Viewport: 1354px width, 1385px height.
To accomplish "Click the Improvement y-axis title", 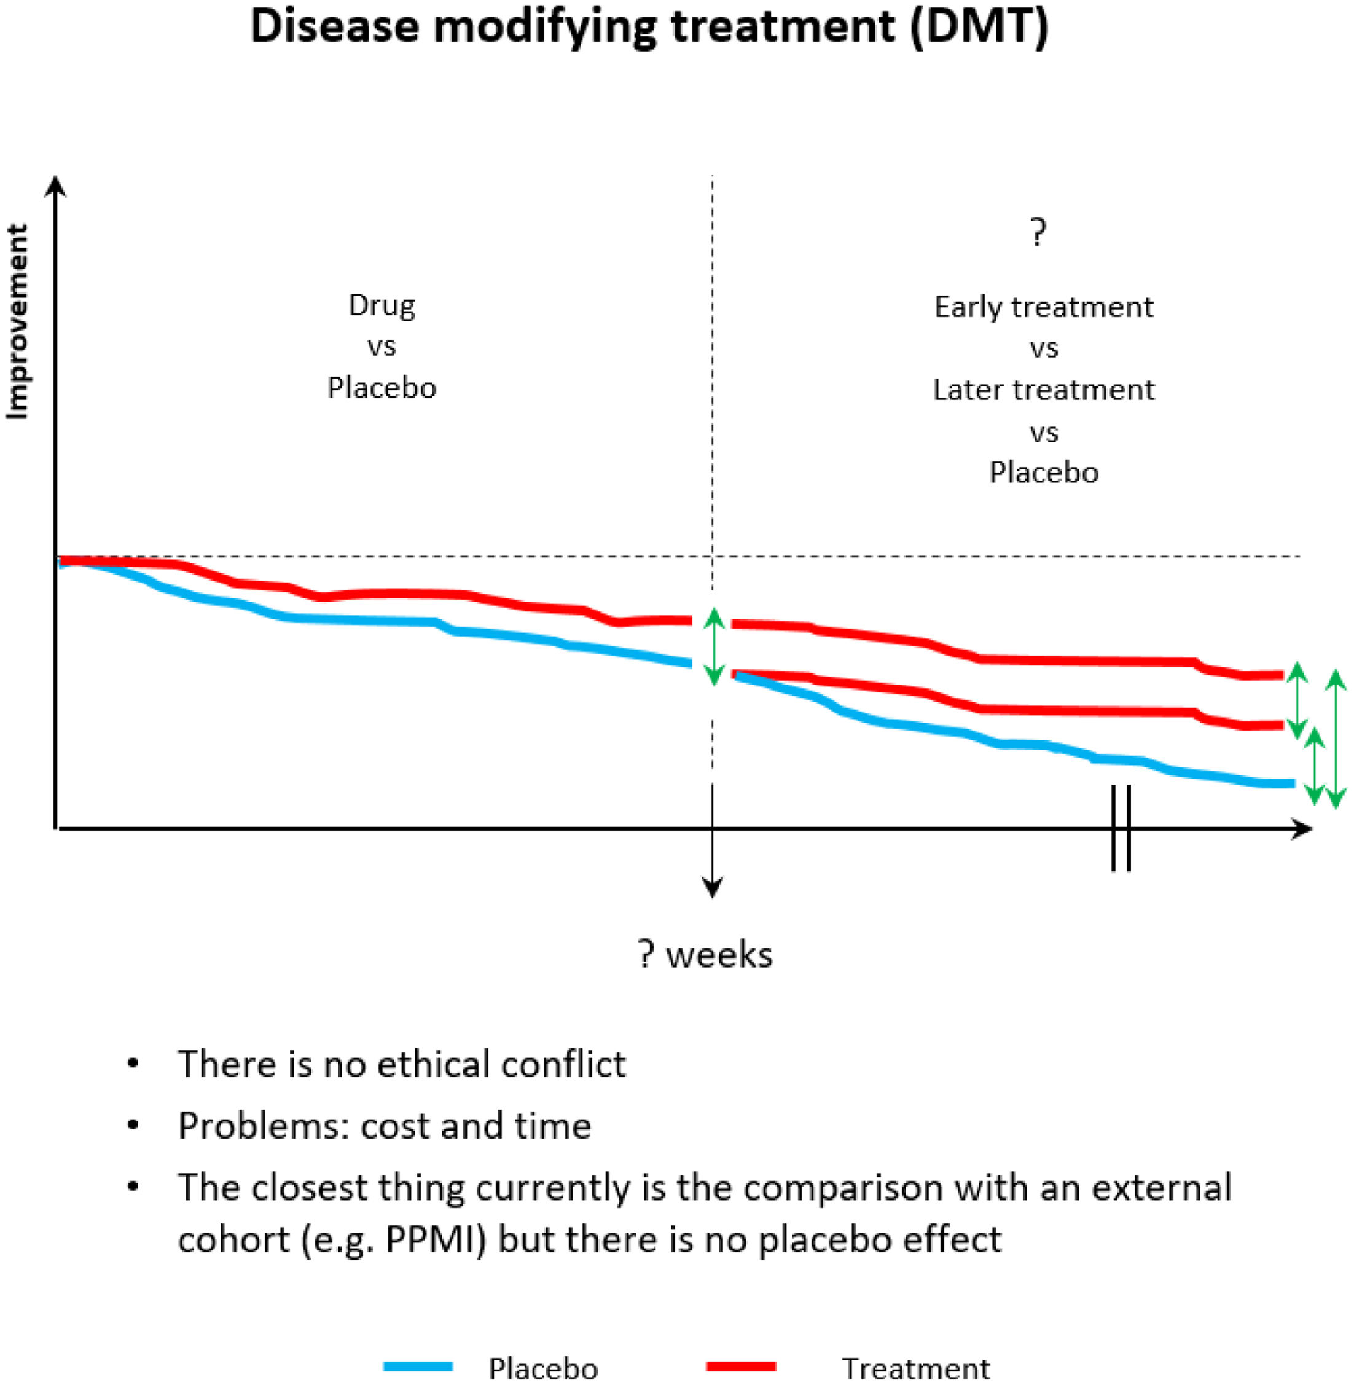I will pos(17,321).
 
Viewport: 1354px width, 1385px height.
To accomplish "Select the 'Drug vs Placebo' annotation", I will pos(382,347).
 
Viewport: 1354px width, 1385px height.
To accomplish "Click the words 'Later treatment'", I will pos(1043,390).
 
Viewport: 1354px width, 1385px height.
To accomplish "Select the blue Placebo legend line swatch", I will pos(418,1366).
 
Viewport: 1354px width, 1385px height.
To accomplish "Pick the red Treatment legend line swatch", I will pos(740,1366).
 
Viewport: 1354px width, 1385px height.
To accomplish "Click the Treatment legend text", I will pos(916,1368).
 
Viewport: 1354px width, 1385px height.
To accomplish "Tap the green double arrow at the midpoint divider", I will pos(714,646).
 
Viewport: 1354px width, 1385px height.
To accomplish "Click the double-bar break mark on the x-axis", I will pos(1121,828).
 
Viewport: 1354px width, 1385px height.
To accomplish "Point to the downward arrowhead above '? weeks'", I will pos(713,887).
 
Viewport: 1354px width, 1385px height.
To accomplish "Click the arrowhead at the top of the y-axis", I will pos(55,186).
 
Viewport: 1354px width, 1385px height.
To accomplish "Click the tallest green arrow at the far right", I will pos(1336,739).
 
